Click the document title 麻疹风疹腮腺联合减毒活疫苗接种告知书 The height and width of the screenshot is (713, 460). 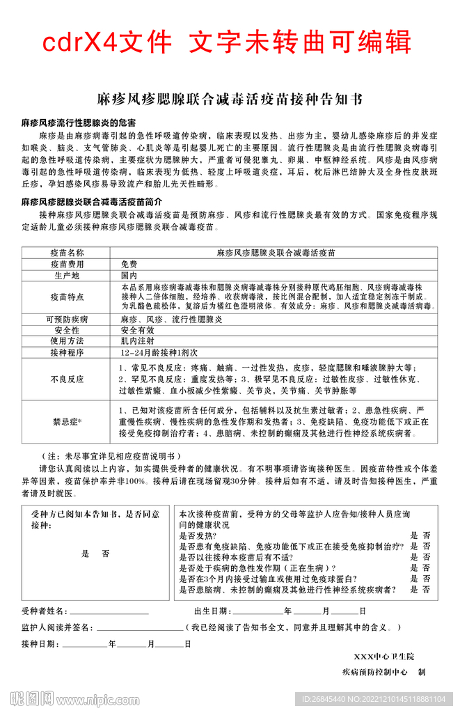click(x=229, y=100)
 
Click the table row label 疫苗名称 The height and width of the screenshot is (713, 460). click(x=67, y=253)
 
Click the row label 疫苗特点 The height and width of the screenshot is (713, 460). click(x=67, y=297)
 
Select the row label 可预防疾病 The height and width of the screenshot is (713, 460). click(x=67, y=319)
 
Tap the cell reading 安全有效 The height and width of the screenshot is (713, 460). click(x=137, y=330)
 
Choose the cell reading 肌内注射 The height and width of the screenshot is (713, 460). click(x=137, y=341)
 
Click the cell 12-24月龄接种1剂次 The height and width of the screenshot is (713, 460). click(x=154, y=353)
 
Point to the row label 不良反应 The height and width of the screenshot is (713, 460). click(x=67, y=379)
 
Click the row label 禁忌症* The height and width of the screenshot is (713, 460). click(x=67, y=421)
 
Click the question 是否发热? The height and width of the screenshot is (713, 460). click(x=198, y=536)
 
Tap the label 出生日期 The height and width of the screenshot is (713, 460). click(x=212, y=611)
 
